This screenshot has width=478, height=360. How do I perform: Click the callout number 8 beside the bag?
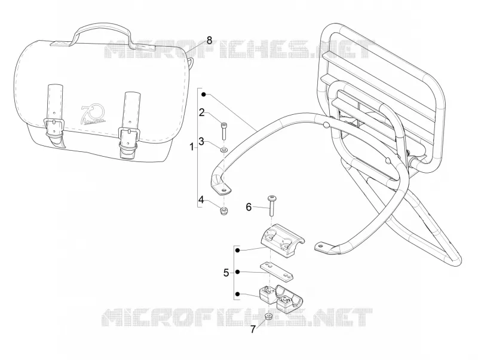pyautogui.click(x=209, y=40)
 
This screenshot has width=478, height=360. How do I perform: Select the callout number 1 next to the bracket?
pyautogui.click(x=191, y=147)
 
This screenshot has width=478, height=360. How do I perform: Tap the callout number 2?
pyautogui.click(x=201, y=112)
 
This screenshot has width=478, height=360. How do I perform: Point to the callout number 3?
pyautogui.click(x=201, y=142)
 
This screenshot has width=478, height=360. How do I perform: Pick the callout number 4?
pyautogui.click(x=201, y=200)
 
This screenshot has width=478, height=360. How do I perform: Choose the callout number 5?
pyautogui.click(x=226, y=273)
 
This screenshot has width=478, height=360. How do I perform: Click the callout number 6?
pyautogui.click(x=249, y=208)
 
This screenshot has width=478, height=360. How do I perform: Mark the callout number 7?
pyautogui.click(x=253, y=330)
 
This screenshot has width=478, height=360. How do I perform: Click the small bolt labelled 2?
pyautogui.click(x=223, y=130)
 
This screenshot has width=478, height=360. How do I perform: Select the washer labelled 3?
pyautogui.click(x=224, y=150)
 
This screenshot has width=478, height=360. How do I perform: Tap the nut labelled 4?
pyautogui.click(x=224, y=210)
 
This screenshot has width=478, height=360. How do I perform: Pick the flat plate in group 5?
pyautogui.click(x=277, y=271)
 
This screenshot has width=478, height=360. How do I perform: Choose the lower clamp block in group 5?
pyautogui.click(x=280, y=298)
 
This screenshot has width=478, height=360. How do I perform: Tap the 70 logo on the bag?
pyautogui.click(x=93, y=115)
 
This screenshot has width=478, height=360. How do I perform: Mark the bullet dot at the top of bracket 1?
pyautogui.click(x=204, y=95)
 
